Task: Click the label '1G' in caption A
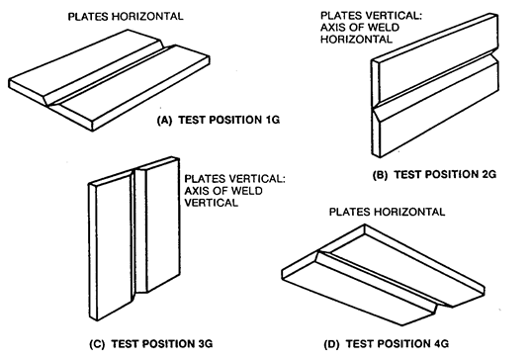tap(271, 120)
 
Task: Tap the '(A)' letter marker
tap(165, 121)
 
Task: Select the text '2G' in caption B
tap(487, 174)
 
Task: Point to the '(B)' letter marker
tap(381, 175)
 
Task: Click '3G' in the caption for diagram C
tap(204, 344)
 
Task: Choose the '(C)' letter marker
tap(98, 344)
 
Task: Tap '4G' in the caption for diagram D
tap(440, 344)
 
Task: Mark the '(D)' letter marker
tap(332, 344)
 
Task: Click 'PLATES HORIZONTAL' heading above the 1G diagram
tap(126, 16)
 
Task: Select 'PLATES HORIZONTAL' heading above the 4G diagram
tap(387, 212)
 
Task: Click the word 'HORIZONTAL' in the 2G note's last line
tap(356, 40)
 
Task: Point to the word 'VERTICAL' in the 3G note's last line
tap(212, 203)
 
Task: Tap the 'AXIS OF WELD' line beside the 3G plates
tap(223, 190)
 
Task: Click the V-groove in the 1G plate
tap(109, 75)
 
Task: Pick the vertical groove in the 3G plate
tap(139, 230)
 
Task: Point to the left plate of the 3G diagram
tap(111, 245)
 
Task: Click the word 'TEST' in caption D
tap(360, 344)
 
